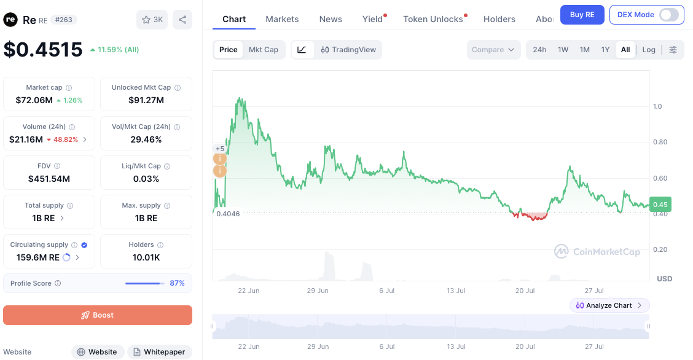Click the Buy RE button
click(x=582, y=15)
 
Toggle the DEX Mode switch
click(x=668, y=15)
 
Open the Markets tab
click(x=282, y=19)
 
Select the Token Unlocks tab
click(x=433, y=19)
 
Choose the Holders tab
click(x=499, y=19)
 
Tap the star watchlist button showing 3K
click(x=152, y=20)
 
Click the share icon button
click(x=182, y=20)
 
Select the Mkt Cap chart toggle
click(x=264, y=50)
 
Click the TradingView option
click(x=348, y=50)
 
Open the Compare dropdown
click(x=493, y=50)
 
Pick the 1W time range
click(x=563, y=50)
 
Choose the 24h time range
click(x=539, y=50)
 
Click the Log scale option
click(x=649, y=50)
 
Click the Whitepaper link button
click(x=160, y=352)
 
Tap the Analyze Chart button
click(x=609, y=305)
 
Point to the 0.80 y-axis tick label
click(x=660, y=142)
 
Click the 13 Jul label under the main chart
click(x=456, y=291)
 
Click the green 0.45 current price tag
click(x=660, y=205)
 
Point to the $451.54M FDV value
click(x=49, y=179)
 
